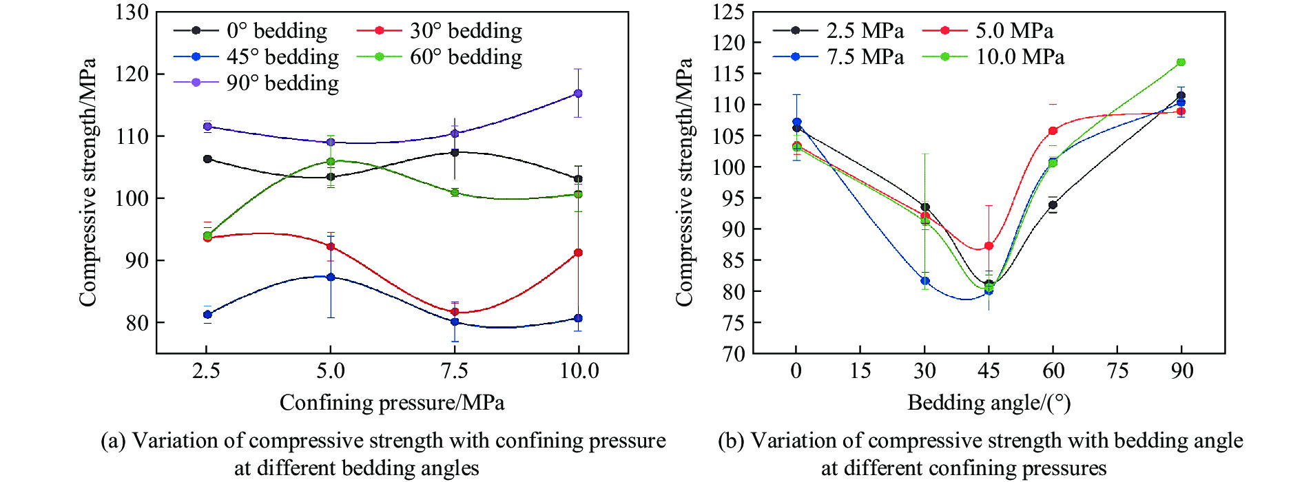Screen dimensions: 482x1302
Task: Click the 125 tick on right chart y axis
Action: tap(728, 12)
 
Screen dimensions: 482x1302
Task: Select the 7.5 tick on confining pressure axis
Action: tap(454, 371)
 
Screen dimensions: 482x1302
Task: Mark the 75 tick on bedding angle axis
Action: tap(1117, 371)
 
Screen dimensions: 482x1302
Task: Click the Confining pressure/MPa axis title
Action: tap(392, 403)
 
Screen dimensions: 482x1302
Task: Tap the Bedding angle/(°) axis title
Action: tap(989, 403)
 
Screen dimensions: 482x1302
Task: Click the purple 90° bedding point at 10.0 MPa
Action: tap(578, 93)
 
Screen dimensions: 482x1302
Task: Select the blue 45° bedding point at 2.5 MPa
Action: tap(207, 315)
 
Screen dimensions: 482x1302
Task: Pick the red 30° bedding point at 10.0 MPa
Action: tap(578, 253)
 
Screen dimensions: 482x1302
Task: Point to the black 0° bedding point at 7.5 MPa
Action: tap(455, 152)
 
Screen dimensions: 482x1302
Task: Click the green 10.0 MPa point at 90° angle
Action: tap(1181, 62)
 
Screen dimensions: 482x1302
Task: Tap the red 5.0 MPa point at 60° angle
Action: tap(1053, 131)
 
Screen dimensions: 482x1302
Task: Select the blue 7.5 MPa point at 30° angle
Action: tap(924, 281)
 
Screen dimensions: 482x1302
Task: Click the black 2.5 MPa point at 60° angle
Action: tap(1053, 205)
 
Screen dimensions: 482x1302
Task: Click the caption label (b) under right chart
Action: tap(732, 441)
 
